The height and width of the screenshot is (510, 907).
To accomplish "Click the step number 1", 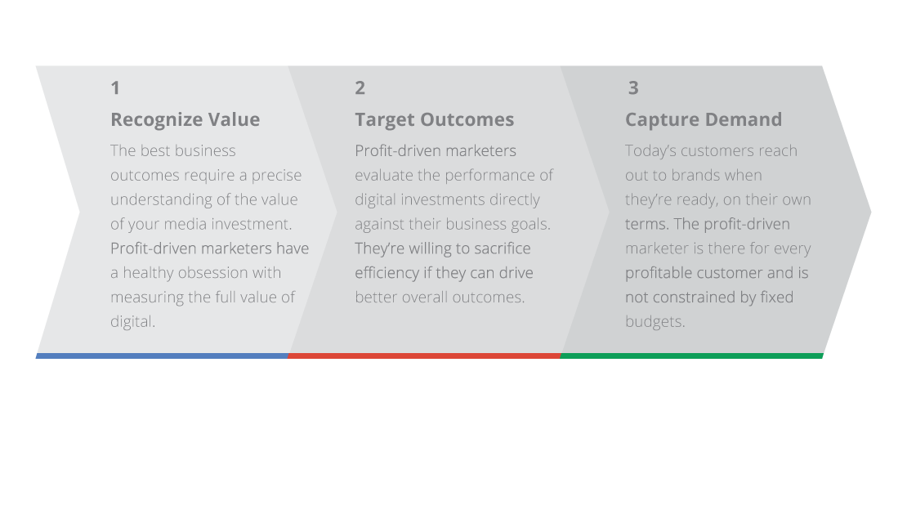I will pyautogui.click(x=115, y=87).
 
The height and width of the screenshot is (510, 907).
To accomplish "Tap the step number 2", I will pyautogui.click(x=360, y=87).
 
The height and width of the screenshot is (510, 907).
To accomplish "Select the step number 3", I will pyautogui.click(x=633, y=87).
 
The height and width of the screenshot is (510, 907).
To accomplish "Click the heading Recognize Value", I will pyautogui.click(x=185, y=119).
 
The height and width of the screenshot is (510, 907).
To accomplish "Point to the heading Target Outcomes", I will pyautogui.click(x=434, y=119).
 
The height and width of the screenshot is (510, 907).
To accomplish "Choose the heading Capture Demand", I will pyautogui.click(x=703, y=119).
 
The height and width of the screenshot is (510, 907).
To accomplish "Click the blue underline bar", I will pyautogui.click(x=162, y=356).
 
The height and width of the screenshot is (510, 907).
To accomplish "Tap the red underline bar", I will pyautogui.click(x=424, y=356).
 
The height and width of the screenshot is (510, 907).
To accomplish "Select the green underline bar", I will pyautogui.click(x=691, y=356).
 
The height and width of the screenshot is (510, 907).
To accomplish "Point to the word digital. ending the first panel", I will pyautogui.click(x=132, y=322).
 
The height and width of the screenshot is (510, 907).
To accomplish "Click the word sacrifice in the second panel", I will pyautogui.click(x=498, y=248).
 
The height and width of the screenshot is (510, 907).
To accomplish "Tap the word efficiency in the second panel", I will pyautogui.click(x=386, y=273).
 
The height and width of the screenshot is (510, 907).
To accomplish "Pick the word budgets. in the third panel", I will pyautogui.click(x=655, y=322).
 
